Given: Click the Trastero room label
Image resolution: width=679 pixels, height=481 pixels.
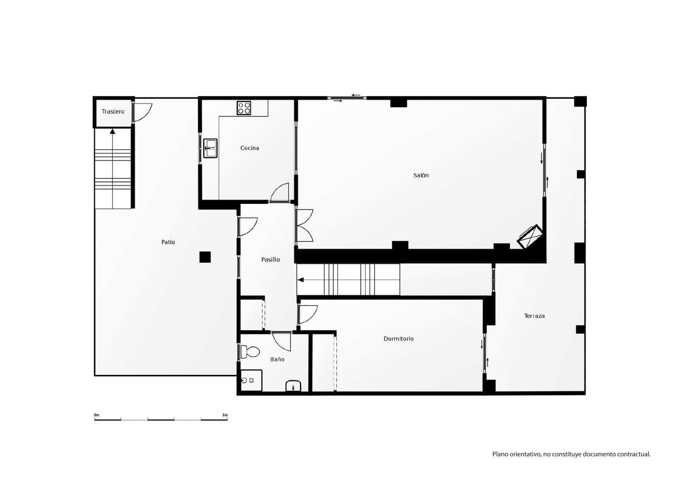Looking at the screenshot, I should click(x=113, y=112).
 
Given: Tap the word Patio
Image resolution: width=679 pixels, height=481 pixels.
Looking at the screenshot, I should click(x=168, y=242).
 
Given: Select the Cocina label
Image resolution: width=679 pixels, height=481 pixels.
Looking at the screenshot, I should click(x=250, y=148).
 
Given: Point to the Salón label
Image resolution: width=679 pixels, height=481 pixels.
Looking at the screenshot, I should click(x=421, y=175).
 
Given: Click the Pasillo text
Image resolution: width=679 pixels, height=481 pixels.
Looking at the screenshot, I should click(x=270, y=260).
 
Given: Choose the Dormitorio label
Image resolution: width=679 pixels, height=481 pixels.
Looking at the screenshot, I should click(x=398, y=339).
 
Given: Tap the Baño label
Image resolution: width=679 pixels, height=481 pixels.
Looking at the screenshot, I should click(x=277, y=359).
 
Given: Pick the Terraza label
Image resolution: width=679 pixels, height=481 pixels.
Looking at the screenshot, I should click(x=534, y=316).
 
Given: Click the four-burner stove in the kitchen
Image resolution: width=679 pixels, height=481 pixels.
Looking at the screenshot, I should click(x=244, y=108).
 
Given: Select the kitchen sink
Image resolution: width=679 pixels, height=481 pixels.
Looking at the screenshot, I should click(x=210, y=148).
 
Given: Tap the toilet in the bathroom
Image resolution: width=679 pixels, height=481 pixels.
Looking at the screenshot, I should click(x=250, y=352).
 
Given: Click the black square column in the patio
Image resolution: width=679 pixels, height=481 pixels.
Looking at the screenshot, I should click(x=205, y=257).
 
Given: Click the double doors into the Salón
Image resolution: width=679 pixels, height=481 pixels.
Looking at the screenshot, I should click(x=305, y=226).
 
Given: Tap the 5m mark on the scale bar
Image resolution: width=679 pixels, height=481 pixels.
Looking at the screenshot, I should click(x=225, y=415).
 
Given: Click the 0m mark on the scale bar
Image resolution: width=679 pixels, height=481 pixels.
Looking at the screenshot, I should click(x=96, y=415).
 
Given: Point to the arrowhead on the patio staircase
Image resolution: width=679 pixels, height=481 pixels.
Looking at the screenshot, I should click(x=112, y=131).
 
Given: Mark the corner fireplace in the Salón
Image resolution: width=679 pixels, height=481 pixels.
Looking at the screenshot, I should click(x=530, y=237).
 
